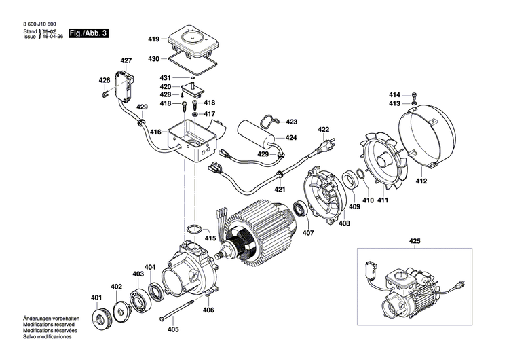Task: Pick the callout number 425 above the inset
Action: pyautogui.click(x=415, y=241)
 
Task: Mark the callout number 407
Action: pyautogui.click(x=309, y=234)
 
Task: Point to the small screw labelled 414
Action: pyautogui.click(x=415, y=94)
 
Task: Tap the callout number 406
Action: pyautogui.click(x=208, y=310)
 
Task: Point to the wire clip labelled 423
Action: pyautogui.click(x=272, y=121)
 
